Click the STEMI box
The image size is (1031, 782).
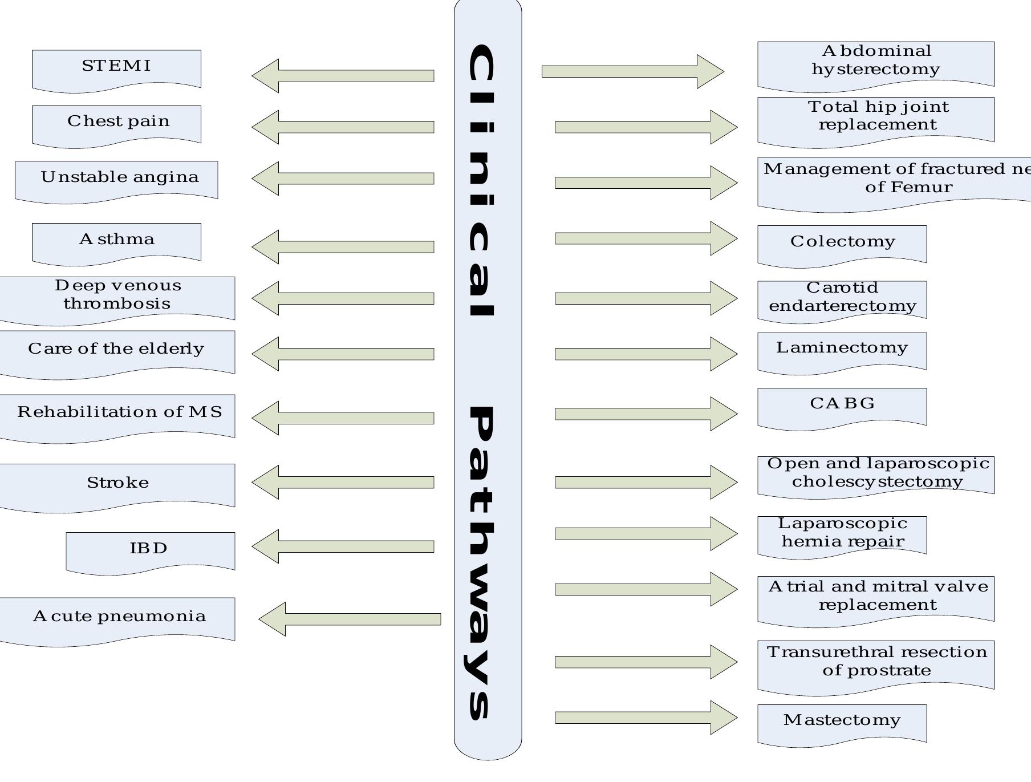(116, 68)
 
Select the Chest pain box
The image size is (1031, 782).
(116, 124)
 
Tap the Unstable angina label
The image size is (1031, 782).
(120, 177)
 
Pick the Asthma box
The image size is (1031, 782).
(116, 241)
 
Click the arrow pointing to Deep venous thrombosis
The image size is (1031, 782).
(342, 298)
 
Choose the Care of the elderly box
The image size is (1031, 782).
(116, 351)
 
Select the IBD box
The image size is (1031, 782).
(150, 550)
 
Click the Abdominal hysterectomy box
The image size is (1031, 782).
(875, 63)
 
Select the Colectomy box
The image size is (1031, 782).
(842, 243)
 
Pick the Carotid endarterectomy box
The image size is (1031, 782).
(842, 298)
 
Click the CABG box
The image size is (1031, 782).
(842, 406)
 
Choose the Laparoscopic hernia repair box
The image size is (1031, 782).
(842, 533)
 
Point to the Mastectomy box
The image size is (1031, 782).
(842, 722)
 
